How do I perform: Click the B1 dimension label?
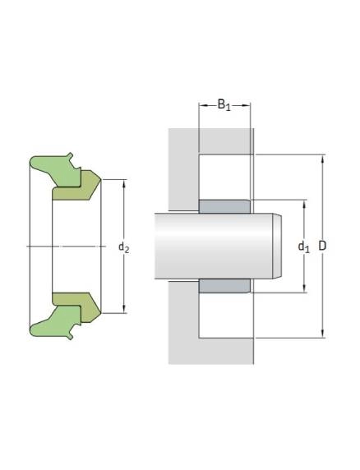(x=224, y=105)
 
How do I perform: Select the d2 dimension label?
(x=124, y=247)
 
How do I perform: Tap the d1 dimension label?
(x=303, y=247)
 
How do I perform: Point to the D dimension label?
(x=322, y=246)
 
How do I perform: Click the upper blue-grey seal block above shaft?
(x=224, y=206)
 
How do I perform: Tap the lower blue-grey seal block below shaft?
(x=224, y=286)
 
